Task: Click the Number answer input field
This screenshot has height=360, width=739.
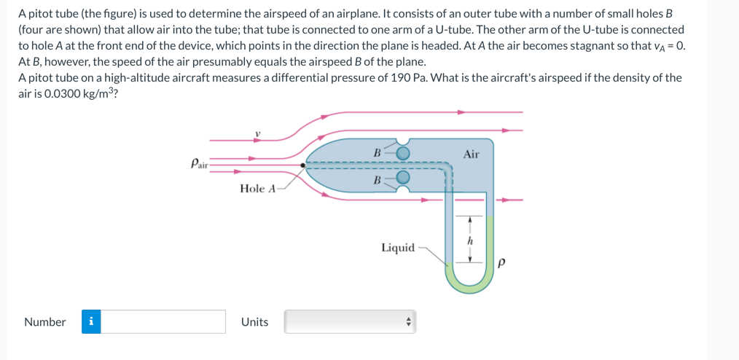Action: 163,321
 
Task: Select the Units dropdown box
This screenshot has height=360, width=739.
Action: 350,321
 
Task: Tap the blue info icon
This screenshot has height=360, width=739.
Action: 90,321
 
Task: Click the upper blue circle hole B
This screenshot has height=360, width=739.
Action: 403,152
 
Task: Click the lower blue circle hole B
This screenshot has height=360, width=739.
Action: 403,177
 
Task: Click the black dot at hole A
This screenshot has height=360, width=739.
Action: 304,165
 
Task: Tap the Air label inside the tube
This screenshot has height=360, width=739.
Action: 471,154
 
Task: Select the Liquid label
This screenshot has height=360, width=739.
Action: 398,248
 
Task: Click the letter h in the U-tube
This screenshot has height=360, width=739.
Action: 471,239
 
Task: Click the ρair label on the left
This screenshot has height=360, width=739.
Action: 198,163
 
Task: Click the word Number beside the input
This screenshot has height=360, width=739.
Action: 44,322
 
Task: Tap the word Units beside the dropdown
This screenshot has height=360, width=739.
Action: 254,322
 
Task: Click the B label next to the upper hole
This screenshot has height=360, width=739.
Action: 377,153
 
